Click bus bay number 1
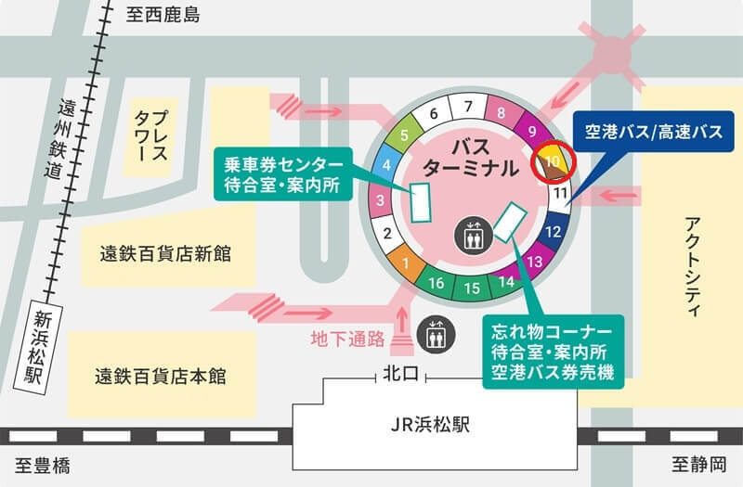click(x=405, y=264)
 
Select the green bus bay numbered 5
click(x=404, y=136)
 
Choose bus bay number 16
click(x=437, y=284)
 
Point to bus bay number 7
click(x=470, y=105)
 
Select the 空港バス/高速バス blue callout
click(x=652, y=134)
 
